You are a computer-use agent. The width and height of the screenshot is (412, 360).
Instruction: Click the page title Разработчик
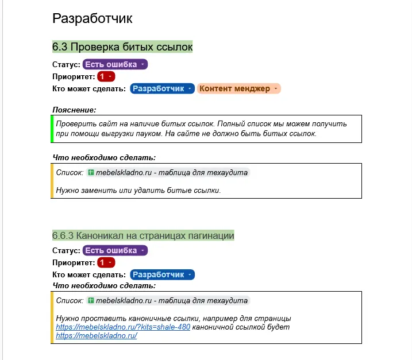(92, 18)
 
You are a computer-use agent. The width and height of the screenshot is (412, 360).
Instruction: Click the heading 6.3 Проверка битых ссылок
(122, 47)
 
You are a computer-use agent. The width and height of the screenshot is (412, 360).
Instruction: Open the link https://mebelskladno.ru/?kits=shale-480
(123, 327)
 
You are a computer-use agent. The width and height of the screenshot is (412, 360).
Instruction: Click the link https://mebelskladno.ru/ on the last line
(97, 336)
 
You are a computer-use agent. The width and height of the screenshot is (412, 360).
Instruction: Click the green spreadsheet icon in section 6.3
(91, 172)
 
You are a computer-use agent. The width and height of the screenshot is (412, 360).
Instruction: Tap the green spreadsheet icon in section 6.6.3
(91, 300)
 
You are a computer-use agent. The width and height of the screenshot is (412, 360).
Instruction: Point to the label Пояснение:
(74, 110)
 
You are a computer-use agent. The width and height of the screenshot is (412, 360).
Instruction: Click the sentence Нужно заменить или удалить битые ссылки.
(138, 190)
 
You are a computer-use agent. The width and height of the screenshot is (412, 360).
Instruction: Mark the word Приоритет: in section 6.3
(74, 76)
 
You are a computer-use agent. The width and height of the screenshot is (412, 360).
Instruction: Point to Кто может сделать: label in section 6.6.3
(88, 274)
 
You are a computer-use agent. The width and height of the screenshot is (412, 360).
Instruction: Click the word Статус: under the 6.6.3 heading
(67, 250)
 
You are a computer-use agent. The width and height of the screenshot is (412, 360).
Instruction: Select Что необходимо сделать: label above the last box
(104, 285)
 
